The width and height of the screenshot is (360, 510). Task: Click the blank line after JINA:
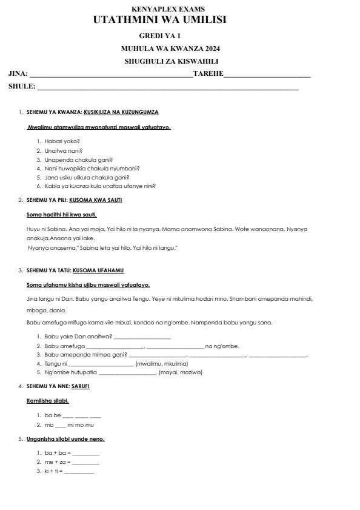[x=111, y=75]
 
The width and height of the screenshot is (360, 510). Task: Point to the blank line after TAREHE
[x=267, y=75]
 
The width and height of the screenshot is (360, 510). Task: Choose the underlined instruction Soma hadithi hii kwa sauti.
[x=62, y=214]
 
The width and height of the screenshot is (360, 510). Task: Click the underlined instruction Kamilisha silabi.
[x=48, y=401]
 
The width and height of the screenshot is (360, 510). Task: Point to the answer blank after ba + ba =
[x=85, y=453]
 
